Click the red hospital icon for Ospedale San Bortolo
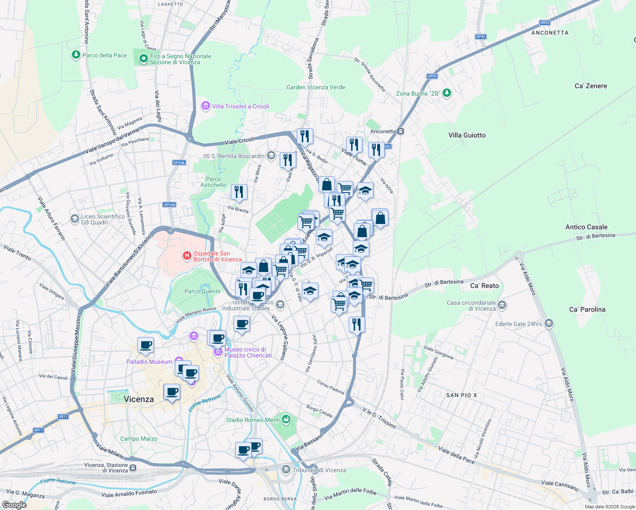coord(187,256)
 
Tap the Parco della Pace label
coord(105,55)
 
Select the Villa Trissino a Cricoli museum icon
coord(206,106)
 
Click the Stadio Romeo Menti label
coord(253,420)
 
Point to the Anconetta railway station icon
coord(400,131)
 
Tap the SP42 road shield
coord(480,37)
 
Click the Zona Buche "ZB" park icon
coord(446,93)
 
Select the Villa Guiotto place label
coord(467,135)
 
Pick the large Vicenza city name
coord(139,399)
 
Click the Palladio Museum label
coord(149,362)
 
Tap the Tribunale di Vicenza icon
coord(286,470)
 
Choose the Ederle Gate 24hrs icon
coord(548,324)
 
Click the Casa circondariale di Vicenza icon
coord(502,305)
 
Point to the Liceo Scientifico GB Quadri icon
coord(75,219)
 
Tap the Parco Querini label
coord(202,291)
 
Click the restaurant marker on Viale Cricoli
coord(305,136)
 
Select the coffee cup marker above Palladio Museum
coord(145,345)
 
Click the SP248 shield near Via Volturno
coord(179,163)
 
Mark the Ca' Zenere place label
coord(591,86)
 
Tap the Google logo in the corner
coord(14,504)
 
